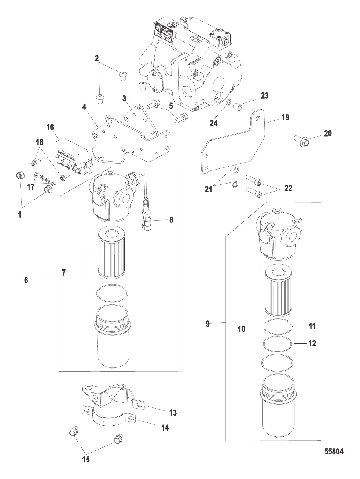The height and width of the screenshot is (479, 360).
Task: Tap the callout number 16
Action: click(50, 127)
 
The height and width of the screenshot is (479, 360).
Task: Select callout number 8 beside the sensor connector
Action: click(171, 220)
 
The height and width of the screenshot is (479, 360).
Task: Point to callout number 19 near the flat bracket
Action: click(285, 117)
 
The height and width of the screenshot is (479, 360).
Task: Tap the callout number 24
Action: click(213, 123)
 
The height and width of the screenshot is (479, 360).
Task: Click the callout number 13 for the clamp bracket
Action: click(173, 413)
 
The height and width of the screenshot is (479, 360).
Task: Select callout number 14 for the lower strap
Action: click(165, 428)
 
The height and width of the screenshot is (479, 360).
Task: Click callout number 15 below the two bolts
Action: click(85, 459)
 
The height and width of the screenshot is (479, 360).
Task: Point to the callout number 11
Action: click(312, 326)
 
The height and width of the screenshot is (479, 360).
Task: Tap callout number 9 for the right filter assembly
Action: click(207, 324)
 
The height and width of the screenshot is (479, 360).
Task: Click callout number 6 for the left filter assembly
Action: click(26, 280)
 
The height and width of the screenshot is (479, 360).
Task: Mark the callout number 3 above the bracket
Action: click(125, 98)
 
